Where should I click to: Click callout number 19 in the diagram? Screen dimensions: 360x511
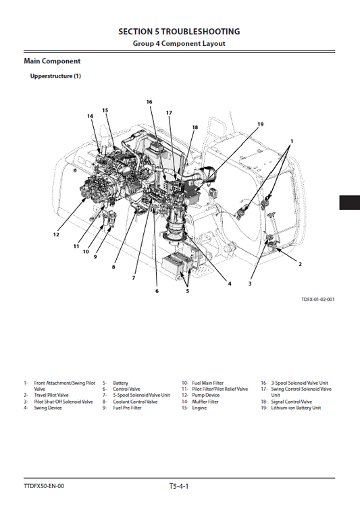(260, 124)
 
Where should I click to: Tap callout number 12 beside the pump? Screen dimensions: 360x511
(56, 234)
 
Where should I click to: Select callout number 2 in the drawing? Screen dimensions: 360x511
(300, 264)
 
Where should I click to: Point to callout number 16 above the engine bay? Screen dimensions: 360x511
(149, 102)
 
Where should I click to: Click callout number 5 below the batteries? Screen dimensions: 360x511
(188, 291)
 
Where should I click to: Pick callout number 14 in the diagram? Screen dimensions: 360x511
(90, 116)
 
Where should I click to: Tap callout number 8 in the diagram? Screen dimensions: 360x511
(113, 267)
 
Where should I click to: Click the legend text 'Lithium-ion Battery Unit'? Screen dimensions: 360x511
(296, 408)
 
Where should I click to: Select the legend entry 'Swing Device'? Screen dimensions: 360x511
(48, 408)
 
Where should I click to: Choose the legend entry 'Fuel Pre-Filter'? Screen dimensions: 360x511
(127, 408)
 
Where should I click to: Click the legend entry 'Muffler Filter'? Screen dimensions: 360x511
(205, 402)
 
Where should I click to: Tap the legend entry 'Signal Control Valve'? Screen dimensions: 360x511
(292, 402)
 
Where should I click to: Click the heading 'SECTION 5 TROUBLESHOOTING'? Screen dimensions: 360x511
(179, 32)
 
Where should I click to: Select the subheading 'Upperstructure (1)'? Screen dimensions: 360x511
(55, 76)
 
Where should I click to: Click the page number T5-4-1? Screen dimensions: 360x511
(179, 486)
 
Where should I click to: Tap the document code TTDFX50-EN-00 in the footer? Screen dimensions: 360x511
(44, 486)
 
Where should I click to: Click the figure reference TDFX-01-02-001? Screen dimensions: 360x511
(318, 299)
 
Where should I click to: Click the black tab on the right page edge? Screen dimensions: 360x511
(350, 203)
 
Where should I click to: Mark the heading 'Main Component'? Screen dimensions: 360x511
(52, 61)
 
